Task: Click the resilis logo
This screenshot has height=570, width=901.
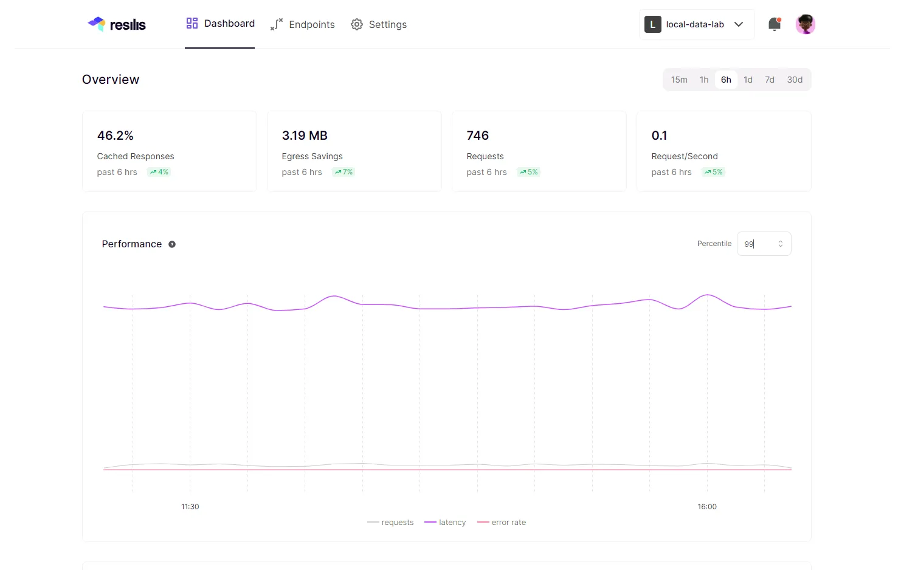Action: coord(117,24)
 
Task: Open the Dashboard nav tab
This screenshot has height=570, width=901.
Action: coord(220,24)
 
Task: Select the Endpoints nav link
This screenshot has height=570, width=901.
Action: coord(302,24)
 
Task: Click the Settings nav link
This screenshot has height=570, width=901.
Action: coord(379,24)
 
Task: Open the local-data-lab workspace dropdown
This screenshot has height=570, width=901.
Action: coord(696,24)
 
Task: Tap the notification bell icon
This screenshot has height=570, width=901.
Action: coord(774,24)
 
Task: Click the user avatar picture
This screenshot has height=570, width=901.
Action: coord(805,24)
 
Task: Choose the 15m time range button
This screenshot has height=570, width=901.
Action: coord(679,80)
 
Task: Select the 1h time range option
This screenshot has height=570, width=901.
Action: coord(704,80)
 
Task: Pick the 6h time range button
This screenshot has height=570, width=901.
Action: coord(726,80)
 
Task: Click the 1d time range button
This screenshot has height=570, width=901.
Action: coord(748,80)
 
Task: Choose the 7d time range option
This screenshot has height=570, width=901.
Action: coord(770,80)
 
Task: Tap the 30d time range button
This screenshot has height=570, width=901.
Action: coord(795,80)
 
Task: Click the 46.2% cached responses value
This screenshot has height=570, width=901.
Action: coord(116,136)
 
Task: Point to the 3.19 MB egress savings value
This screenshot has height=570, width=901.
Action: coord(305,136)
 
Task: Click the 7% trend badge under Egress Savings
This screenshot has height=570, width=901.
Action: coord(343,172)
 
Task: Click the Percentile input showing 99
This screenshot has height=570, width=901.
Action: coord(758,244)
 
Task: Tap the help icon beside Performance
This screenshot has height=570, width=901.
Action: coord(172,244)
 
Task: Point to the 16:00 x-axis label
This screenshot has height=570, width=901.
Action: coord(707,507)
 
